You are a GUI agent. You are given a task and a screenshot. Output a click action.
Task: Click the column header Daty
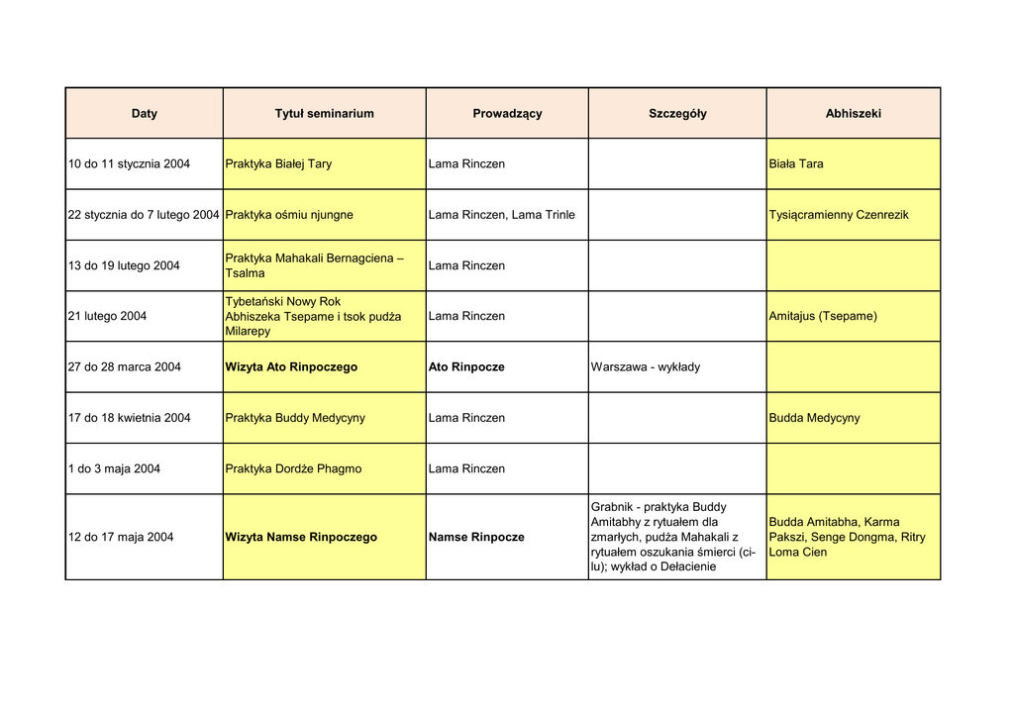(x=145, y=114)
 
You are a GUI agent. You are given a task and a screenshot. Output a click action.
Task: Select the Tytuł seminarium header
(x=324, y=114)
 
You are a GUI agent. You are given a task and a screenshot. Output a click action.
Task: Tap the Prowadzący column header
(x=507, y=114)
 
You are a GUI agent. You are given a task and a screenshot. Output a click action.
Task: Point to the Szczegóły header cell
(x=677, y=114)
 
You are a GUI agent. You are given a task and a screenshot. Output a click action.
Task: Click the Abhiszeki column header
(x=853, y=114)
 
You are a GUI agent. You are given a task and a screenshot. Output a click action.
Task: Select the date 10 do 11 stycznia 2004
(x=130, y=164)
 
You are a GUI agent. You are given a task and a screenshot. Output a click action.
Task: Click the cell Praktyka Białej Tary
(x=279, y=164)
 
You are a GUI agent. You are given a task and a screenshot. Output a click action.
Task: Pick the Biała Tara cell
(x=796, y=164)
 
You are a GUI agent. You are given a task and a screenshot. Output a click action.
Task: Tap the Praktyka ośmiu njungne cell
(x=289, y=215)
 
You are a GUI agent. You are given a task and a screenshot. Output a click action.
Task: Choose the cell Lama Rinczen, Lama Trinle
(x=501, y=215)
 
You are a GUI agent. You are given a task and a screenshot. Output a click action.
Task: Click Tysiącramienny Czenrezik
(x=839, y=215)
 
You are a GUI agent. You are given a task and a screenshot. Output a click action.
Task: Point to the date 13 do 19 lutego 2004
(x=124, y=266)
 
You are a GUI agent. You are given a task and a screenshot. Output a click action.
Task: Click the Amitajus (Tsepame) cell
(x=823, y=317)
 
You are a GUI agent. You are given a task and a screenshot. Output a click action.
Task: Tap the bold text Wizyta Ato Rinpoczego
(x=291, y=367)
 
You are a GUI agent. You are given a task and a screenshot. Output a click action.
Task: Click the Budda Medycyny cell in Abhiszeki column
(x=814, y=418)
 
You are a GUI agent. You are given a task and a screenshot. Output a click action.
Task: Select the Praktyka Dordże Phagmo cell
(x=293, y=469)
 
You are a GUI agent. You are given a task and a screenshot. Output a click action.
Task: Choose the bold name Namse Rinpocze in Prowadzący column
(x=476, y=538)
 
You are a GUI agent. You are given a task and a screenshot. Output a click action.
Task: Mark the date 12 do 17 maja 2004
(x=121, y=538)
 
